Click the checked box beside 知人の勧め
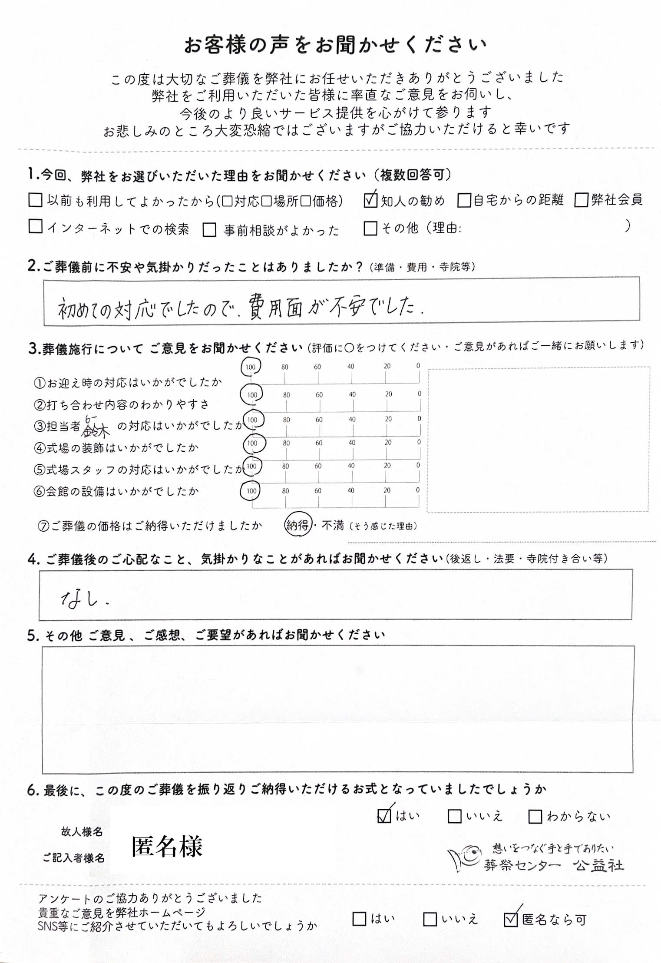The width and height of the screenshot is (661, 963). point(370,200)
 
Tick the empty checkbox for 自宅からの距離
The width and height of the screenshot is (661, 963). point(464,200)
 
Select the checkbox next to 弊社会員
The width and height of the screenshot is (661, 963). point(581,200)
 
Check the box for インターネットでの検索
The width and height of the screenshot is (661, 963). point(36,226)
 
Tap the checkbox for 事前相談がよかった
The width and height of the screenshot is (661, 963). point(209,230)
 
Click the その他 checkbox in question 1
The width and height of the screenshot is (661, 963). point(370,228)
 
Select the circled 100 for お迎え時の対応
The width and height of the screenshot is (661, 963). point(251,367)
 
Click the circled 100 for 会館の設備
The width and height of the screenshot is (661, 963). point(251,491)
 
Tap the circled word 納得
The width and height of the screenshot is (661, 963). point(297,526)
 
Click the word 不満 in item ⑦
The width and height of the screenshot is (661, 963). point(333,526)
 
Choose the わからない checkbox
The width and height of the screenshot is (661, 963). point(535,817)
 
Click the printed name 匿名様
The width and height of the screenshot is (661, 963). point(167,847)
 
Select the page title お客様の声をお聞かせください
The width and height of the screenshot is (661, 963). point(335,46)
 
